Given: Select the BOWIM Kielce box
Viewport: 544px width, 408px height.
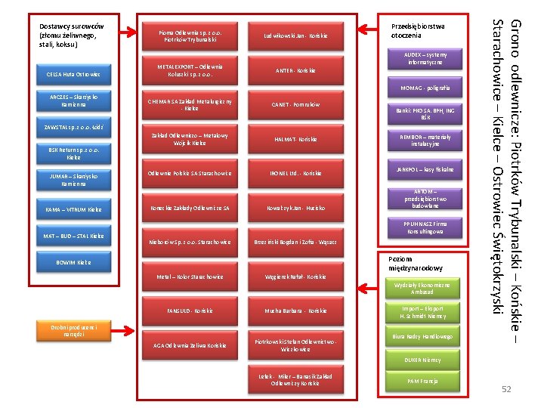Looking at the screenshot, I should pyautogui.click(x=74, y=262).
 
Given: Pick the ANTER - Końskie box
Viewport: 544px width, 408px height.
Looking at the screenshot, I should pyautogui.click(x=295, y=70).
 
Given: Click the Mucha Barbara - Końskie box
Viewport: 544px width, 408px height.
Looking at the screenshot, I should pyautogui.click(x=295, y=311).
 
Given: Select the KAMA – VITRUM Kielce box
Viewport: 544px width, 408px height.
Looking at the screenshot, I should pyautogui.click(x=74, y=209).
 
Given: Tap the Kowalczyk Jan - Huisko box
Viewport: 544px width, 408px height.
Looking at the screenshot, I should pyautogui.click(x=295, y=208).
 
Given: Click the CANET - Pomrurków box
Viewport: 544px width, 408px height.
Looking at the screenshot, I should pyautogui.click(x=295, y=104).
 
